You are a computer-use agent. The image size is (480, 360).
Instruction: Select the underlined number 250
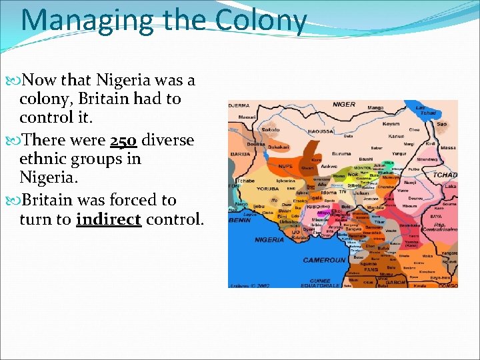pos(123,141)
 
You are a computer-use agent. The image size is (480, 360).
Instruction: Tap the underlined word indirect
pos(109,220)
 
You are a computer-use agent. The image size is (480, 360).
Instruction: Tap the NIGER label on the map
pos(344,105)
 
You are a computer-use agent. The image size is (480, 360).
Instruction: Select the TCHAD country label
pos(445,175)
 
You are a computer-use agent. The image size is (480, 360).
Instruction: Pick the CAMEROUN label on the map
pos(325,260)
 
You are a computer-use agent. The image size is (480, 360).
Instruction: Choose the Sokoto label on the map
pos(270,130)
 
